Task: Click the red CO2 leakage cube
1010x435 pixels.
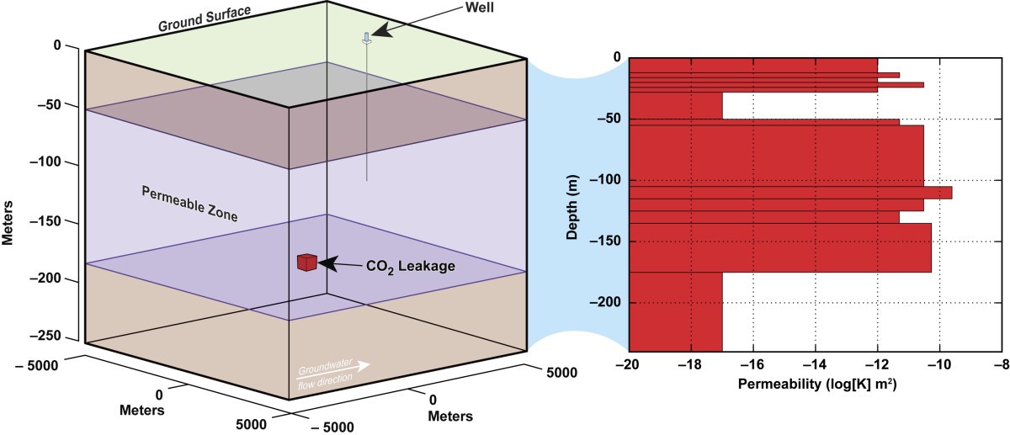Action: (306, 263)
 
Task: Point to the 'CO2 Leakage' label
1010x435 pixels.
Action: (410, 267)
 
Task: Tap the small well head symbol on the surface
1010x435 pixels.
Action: (366, 37)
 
